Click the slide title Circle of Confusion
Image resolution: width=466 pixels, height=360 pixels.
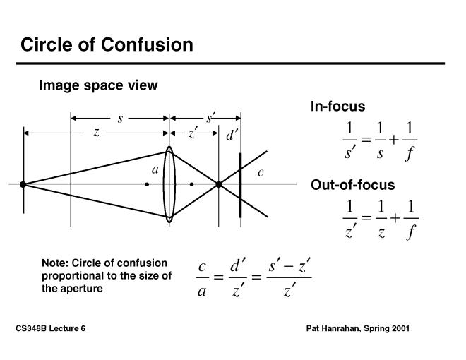(x=107, y=45)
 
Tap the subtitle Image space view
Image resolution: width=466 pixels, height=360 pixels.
(x=98, y=85)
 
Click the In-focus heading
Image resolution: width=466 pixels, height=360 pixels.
(x=337, y=107)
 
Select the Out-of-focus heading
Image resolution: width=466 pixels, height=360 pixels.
(x=352, y=185)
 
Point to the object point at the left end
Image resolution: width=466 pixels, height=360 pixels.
(x=23, y=184)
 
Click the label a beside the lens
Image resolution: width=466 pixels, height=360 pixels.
(x=155, y=169)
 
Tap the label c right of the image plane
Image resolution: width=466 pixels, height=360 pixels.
(x=260, y=172)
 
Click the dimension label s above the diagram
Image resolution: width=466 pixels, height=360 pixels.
(x=120, y=119)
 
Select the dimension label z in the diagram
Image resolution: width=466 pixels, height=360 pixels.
(x=96, y=132)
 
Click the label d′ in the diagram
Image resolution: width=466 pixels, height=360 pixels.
(x=232, y=135)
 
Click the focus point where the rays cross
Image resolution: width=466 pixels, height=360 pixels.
(x=219, y=184)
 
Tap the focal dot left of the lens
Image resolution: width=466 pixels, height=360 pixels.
(x=147, y=184)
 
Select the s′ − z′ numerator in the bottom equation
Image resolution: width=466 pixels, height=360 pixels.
(x=289, y=268)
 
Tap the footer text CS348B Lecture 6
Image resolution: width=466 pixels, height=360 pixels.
(x=50, y=329)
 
